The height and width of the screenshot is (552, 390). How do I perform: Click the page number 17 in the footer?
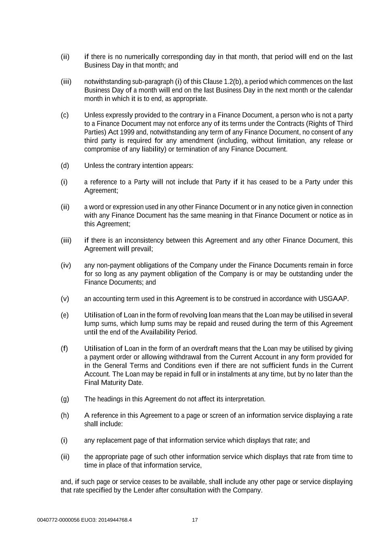[x=195, y=520]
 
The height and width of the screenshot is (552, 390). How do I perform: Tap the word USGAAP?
[x=333, y=299]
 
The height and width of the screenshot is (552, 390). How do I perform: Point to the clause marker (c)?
[x=65, y=115]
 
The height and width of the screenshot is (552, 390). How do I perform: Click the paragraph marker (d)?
[x=65, y=165]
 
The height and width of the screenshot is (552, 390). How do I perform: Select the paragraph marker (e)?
[x=65, y=315]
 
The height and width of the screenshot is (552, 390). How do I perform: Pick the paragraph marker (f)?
[x=64, y=349]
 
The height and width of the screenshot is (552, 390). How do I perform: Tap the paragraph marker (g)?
[x=65, y=399]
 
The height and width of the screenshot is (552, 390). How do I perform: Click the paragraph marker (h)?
[x=65, y=415]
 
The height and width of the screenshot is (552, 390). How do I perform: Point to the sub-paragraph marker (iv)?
[x=65, y=265]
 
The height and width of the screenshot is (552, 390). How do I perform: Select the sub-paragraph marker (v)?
[x=65, y=299]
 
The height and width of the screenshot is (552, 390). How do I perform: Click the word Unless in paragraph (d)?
[x=94, y=165]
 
